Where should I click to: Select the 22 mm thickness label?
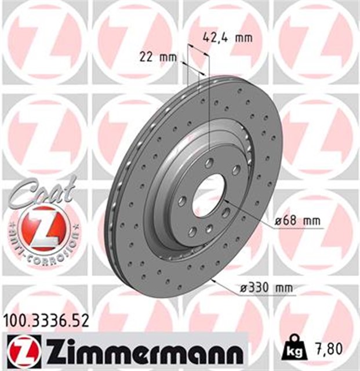(x=157, y=57)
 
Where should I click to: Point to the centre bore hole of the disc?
(x=208, y=194)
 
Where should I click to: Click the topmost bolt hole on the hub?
(x=209, y=162)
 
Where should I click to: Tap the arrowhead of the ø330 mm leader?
(x=214, y=279)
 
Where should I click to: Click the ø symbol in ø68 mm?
(x=279, y=220)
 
